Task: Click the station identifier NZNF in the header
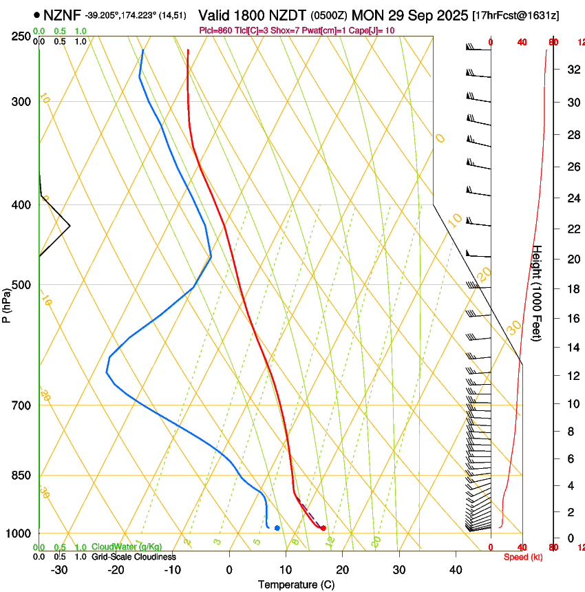(x=62, y=14)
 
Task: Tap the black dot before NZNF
(x=36, y=14)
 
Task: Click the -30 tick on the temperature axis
(x=59, y=569)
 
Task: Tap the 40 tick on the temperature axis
(x=456, y=569)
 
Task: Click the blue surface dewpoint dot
(x=277, y=528)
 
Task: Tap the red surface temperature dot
(x=323, y=528)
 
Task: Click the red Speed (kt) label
(x=523, y=557)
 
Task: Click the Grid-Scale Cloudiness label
(x=134, y=557)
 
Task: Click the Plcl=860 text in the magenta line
(x=215, y=30)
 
